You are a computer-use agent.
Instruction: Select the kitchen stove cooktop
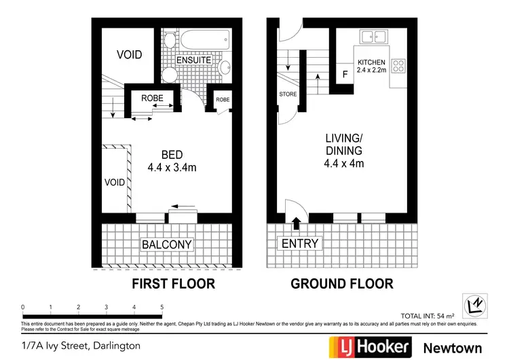pyautogui.click(x=398, y=67)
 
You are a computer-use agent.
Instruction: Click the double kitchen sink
pyautogui.click(x=373, y=37)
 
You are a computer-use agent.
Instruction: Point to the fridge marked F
pyautogui.click(x=345, y=73)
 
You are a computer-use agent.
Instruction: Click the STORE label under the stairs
pyautogui.click(x=288, y=94)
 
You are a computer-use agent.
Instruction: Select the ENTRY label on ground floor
pyautogui.click(x=299, y=244)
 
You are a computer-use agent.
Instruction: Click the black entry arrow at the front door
pyautogui.click(x=296, y=221)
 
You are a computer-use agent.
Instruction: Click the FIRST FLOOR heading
pyautogui.click(x=172, y=284)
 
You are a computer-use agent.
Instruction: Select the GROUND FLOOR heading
pyautogui.click(x=341, y=284)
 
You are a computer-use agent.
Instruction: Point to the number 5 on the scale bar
pyautogui.click(x=162, y=308)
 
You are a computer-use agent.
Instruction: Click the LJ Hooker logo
pyautogui.click(x=370, y=346)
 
